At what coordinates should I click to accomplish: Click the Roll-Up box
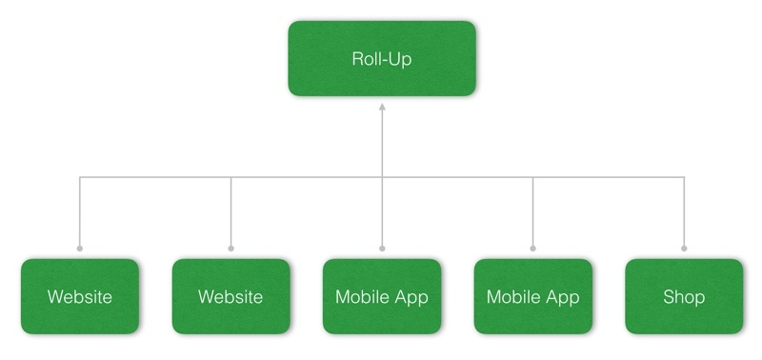[x=381, y=58]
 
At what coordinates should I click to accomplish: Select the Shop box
[x=684, y=296]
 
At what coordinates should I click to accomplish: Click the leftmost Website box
[x=80, y=296]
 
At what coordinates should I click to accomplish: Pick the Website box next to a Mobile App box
[x=231, y=296]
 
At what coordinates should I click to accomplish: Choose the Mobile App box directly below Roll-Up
[x=381, y=296]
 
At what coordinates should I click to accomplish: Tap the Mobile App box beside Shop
[x=532, y=296]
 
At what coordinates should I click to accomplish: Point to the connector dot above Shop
[x=684, y=249]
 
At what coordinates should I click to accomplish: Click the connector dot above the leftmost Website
[x=80, y=249]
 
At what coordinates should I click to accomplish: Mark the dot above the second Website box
[x=231, y=249]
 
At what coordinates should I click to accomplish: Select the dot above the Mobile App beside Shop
[x=532, y=249]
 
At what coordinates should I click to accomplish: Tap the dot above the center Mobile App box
[x=381, y=249]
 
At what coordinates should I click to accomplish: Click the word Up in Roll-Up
[x=401, y=59]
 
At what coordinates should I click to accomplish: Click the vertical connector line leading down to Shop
[x=684, y=214]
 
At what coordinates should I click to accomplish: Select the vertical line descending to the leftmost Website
[x=80, y=214]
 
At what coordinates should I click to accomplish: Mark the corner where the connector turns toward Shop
[x=684, y=177]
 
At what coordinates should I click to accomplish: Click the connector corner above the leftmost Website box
[x=80, y=177]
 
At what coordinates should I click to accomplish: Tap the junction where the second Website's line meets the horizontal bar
[x=231, y=177]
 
